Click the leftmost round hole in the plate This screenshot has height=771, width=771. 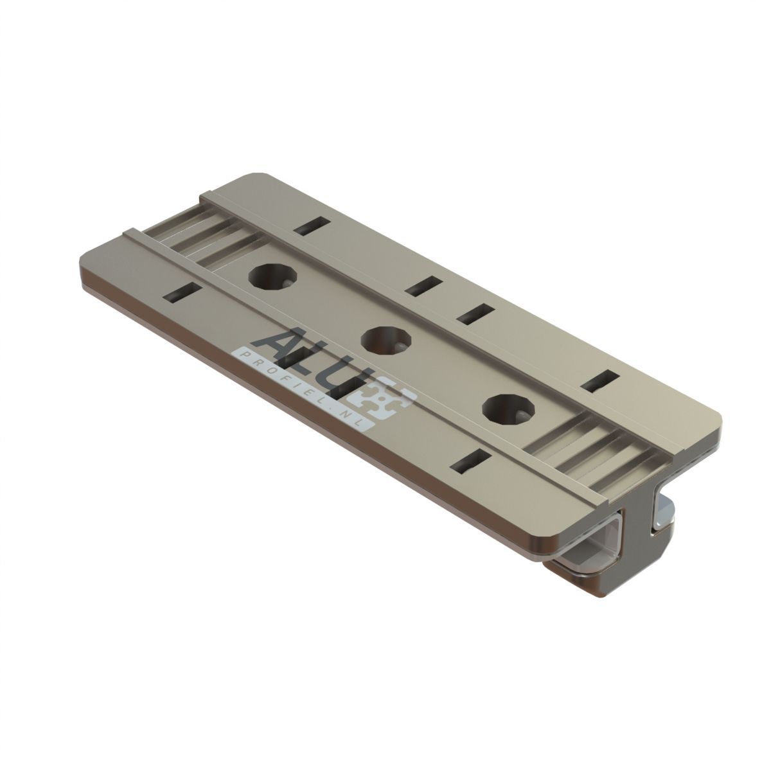coord(273,276)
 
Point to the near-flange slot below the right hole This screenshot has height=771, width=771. coord(472,462)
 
